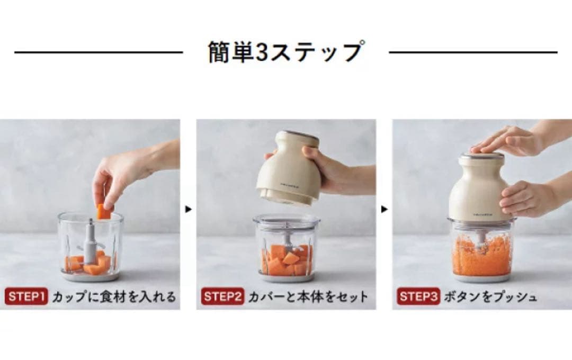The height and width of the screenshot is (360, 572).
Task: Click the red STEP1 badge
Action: click(26, 296)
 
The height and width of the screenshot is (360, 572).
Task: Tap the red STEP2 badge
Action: click(222, 296)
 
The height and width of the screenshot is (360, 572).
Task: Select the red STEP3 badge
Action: click(418, 296)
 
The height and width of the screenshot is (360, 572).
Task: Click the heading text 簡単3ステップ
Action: click(286, 52)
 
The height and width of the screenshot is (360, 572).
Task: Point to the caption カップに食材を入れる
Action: click(114, 296)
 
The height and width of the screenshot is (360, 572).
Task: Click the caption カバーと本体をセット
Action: click(308, 296)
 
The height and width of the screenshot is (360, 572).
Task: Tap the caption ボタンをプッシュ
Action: click(490, 296)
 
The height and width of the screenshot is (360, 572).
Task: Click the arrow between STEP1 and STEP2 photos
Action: click(188, 209)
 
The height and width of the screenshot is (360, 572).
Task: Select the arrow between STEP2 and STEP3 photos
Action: click(384, 209)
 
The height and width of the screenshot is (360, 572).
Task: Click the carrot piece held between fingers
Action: click(104, 212)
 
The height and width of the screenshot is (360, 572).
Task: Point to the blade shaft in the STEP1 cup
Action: click(90, 241)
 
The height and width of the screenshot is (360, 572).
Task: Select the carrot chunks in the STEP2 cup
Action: click(287, 260)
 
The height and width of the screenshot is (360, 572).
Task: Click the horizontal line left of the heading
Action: click(99, 52)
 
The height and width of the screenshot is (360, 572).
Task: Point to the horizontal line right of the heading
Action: click(473, 52)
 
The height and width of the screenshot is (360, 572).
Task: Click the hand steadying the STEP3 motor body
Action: click(529, 199)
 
